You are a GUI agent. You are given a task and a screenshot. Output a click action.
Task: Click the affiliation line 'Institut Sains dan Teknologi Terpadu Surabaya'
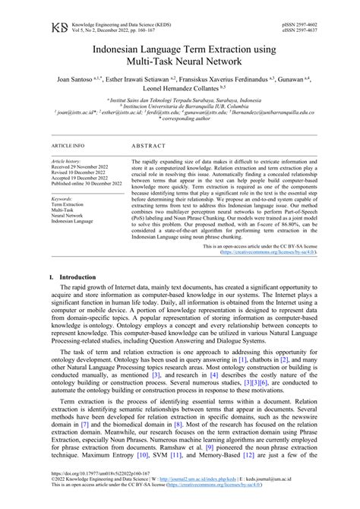pyautogui.click(x=181, y=99)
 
